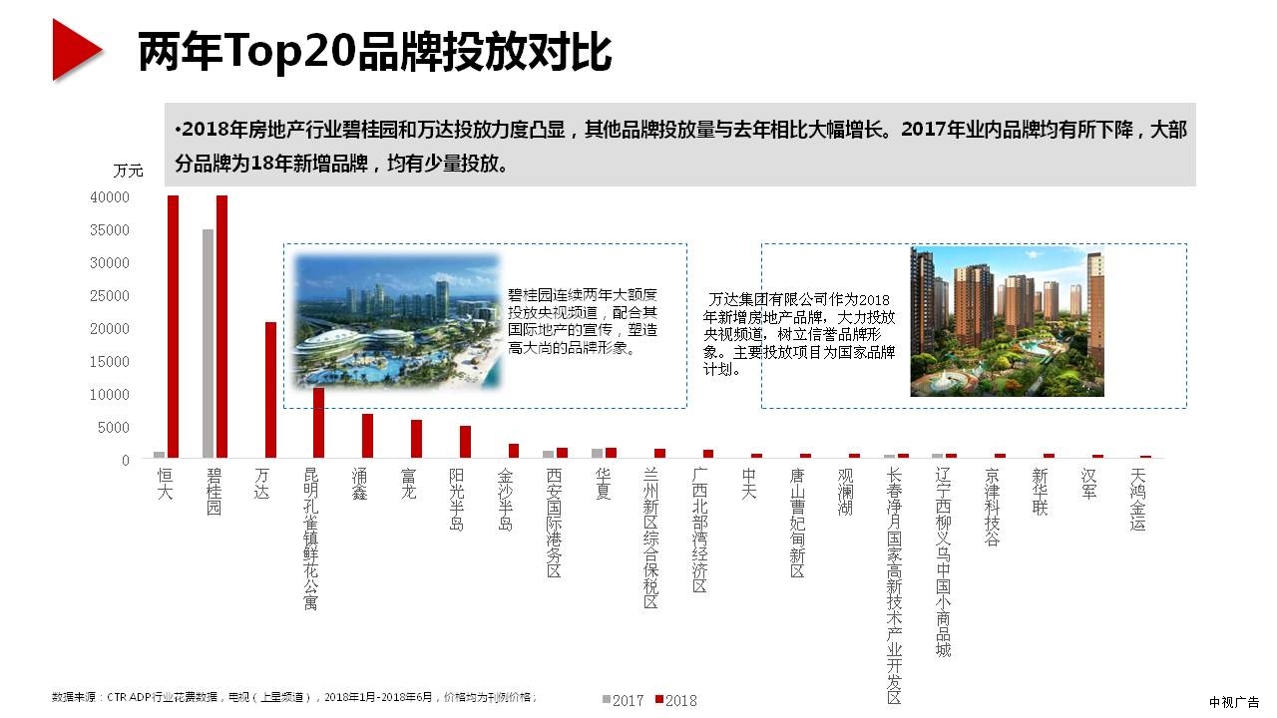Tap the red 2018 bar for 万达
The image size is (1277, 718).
click(x=270, y=390)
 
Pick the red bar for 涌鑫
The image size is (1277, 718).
click(x=367, y=436)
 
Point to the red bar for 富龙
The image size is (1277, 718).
click(x=416, y=439)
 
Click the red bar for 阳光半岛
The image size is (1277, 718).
click(x=465, y=442)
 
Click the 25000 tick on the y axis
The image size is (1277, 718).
click(x=110, y=296)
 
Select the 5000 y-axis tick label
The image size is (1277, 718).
click(x=114, y=428)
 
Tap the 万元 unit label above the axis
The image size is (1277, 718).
click(x=128, y=171)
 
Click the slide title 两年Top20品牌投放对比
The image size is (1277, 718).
click(x=374, y=52)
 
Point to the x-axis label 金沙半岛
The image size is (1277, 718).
click(x=507, y=500)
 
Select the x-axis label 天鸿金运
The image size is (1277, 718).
click(x=1138, y=500)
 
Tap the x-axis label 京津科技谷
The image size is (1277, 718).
click(x=992, y=508)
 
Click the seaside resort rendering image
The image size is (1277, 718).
click(x=396, y=320)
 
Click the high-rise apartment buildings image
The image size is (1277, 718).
click(x=1007, y=321)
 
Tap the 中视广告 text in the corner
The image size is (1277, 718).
click(x=1233, y=702)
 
